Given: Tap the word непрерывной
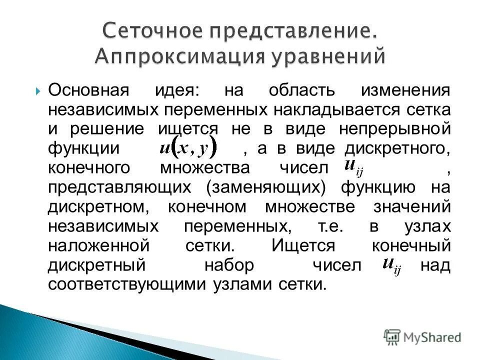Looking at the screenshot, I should pos(395,128).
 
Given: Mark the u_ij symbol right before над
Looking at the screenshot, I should pos(391,265).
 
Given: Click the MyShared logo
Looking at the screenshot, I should pos(422,337).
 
